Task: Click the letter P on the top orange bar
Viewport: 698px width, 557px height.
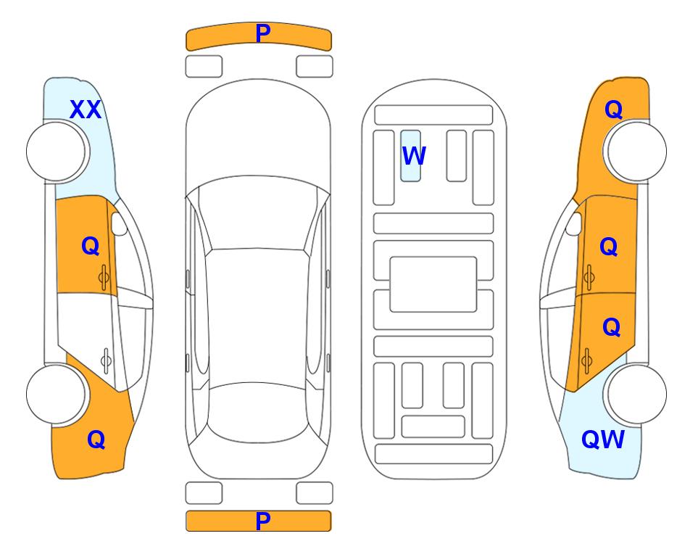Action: pos(262,33)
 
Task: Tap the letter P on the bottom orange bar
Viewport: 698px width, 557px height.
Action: pos(262,521)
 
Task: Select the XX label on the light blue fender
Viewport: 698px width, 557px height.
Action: pos(86,110)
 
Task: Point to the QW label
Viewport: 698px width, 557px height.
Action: pos(603,440)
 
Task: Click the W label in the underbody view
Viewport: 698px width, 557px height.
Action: pos(414,155)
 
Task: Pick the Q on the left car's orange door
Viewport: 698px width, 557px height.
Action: pos(91,246)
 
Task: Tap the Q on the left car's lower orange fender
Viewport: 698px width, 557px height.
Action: pos(96,440)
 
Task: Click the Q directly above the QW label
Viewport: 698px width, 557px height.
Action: pos(611,327)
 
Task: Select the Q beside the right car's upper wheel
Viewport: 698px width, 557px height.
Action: pos(613,110)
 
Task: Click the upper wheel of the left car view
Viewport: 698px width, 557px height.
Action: pos(57,152)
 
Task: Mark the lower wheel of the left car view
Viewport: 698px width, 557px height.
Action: pos(57,394)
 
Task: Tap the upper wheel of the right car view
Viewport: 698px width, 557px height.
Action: pos(636,152)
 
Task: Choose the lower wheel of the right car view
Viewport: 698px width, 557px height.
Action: pos(636,394)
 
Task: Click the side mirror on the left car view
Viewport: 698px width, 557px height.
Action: pos(119,223)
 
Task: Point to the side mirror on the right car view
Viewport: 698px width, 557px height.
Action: pos(574,223)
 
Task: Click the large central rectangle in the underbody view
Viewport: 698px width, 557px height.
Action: pos(433,284)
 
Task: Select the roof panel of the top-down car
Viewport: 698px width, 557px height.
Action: pos(257,316)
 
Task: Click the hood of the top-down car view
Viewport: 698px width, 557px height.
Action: pos(258,133)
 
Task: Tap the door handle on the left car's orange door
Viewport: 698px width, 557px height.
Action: pos(104,277)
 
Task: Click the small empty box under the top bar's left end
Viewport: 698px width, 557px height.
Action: pos(204,67)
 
